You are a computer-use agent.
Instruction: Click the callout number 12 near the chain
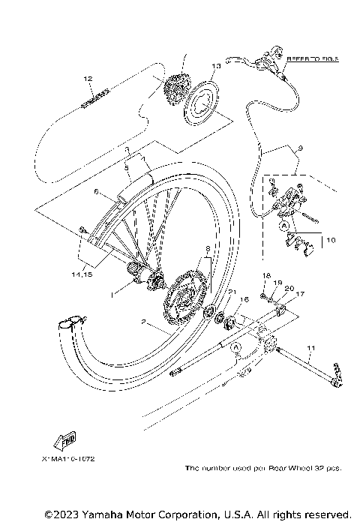88,78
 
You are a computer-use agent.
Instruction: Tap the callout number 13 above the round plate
215,66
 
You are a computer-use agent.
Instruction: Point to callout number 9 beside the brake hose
299,149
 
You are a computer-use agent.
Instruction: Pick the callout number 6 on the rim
96,192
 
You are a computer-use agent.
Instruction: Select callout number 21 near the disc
233,292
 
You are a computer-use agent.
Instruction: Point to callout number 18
265,277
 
